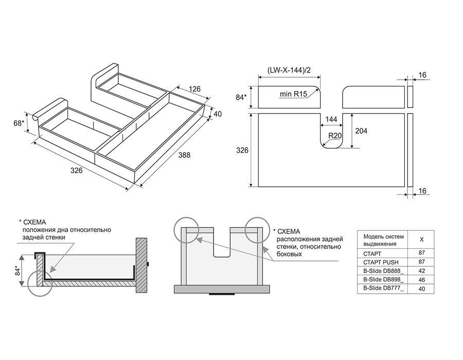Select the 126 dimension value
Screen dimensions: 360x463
[x=194, y=89]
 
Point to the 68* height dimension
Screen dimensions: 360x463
[x=20, y=123]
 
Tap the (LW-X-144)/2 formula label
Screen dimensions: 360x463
[x=288, y=70]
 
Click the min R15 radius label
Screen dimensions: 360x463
[x=293, y=95]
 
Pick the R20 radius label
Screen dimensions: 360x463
[x=336, y=136]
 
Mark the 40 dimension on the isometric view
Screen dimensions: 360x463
[x=218, y=113]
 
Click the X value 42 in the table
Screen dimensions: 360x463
[x=422, y=271]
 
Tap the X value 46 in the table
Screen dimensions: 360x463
[x=422, y=280]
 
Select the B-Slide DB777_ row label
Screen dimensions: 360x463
[x=384, y=289]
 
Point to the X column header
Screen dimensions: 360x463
[x=422, y=240]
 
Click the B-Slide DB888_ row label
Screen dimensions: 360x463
[x=384, y=271]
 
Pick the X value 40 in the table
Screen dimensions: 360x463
[x=422, y=289]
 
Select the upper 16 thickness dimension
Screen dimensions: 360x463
[x=422, y=75]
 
